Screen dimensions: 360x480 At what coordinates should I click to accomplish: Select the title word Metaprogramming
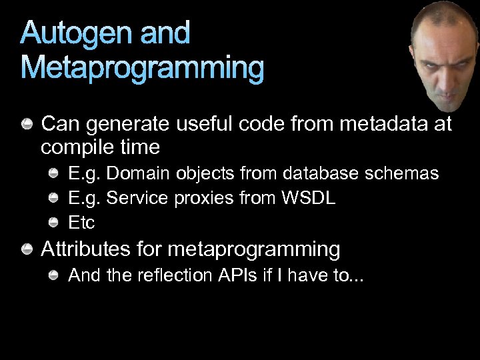(142, 68)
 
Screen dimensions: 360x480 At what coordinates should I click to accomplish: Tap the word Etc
(82, 223)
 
